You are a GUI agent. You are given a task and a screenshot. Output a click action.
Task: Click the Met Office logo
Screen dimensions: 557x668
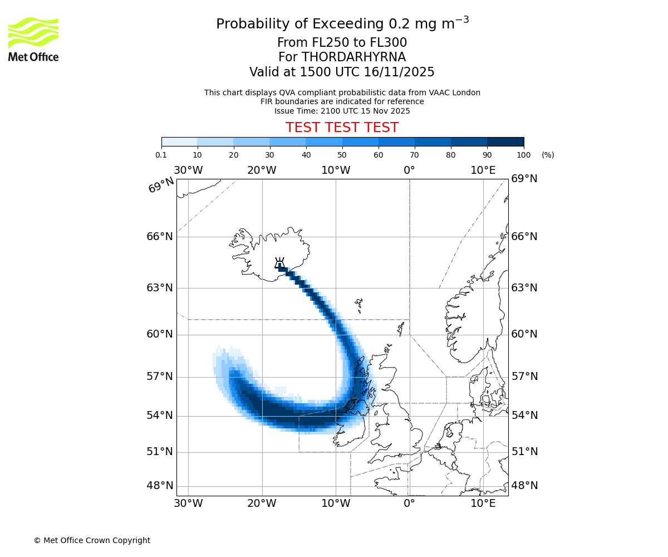[33, 39]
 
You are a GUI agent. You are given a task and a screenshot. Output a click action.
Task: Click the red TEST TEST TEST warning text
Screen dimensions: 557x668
[342, 128]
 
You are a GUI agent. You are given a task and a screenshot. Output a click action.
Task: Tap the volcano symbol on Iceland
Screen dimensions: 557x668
[279, 263]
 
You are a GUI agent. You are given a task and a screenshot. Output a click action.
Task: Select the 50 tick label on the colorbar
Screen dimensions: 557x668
[342, 155]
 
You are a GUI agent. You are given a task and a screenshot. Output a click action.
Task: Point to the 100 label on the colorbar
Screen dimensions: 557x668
[523, 155]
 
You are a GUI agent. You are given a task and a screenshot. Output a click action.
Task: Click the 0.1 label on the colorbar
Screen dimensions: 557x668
[161, 155]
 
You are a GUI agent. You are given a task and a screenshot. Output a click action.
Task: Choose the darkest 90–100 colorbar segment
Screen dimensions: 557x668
[505, 141]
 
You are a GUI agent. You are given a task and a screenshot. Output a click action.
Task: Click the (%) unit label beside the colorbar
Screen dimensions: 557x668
[548, 155]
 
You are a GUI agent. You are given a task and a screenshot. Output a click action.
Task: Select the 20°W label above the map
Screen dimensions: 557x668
[262, 170]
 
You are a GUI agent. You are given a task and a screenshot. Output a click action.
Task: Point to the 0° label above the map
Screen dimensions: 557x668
[409, 170]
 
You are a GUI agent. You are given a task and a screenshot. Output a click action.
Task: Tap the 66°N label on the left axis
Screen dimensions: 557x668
[160, 237]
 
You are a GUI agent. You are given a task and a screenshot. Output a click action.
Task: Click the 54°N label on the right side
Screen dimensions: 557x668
[524, 416]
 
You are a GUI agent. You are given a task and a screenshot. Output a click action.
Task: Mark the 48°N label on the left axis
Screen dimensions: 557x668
[160, 486]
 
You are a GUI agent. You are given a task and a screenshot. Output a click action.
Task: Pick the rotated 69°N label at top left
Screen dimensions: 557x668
[161, 185]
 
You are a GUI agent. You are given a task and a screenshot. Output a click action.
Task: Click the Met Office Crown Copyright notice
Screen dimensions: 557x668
[92, 540]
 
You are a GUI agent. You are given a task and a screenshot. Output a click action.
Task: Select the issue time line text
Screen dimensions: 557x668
[342, 111]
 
